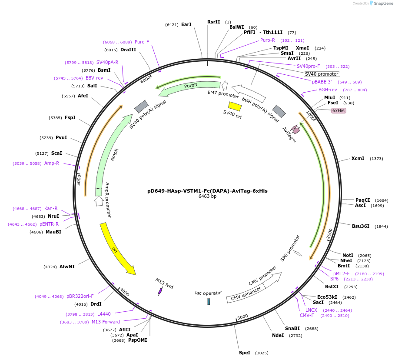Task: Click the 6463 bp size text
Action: click(207, 197)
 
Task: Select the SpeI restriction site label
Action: click(244, 353)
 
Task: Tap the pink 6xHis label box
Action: click(339, 110)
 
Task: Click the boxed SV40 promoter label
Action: click(322, 74)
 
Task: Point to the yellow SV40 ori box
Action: click(235, 106)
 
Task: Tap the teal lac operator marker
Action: click(209, 301)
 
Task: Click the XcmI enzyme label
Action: click(358, 158)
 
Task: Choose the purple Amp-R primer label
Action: click(52, 163)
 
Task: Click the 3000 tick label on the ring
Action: click(242, 317)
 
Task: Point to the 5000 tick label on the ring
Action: click(79, 180)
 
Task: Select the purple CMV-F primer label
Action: click(306, 315)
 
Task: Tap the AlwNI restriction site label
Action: click(67, 267)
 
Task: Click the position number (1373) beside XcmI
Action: click(376, 159)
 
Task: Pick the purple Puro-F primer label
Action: click(142, 42)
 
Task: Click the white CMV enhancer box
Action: click(246, 293)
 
